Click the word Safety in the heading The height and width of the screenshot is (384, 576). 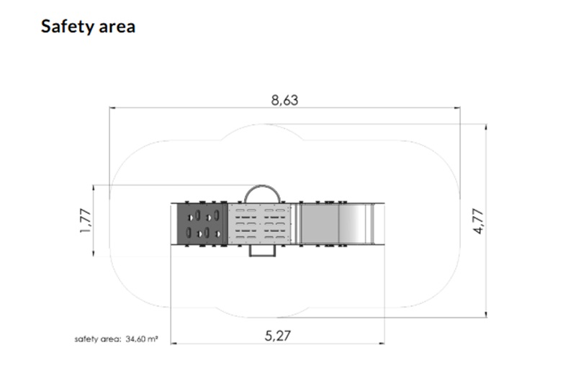point(68,27)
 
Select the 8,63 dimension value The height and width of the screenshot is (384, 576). point(284,100)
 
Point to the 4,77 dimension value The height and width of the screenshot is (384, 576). point(478,221)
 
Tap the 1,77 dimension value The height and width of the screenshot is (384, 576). point(85,220)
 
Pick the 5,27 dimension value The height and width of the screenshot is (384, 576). point(278,336)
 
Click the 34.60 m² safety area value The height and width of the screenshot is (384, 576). point(142,339)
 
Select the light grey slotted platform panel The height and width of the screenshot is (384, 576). point(259,223)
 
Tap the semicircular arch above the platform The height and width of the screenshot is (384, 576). point(262,186)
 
